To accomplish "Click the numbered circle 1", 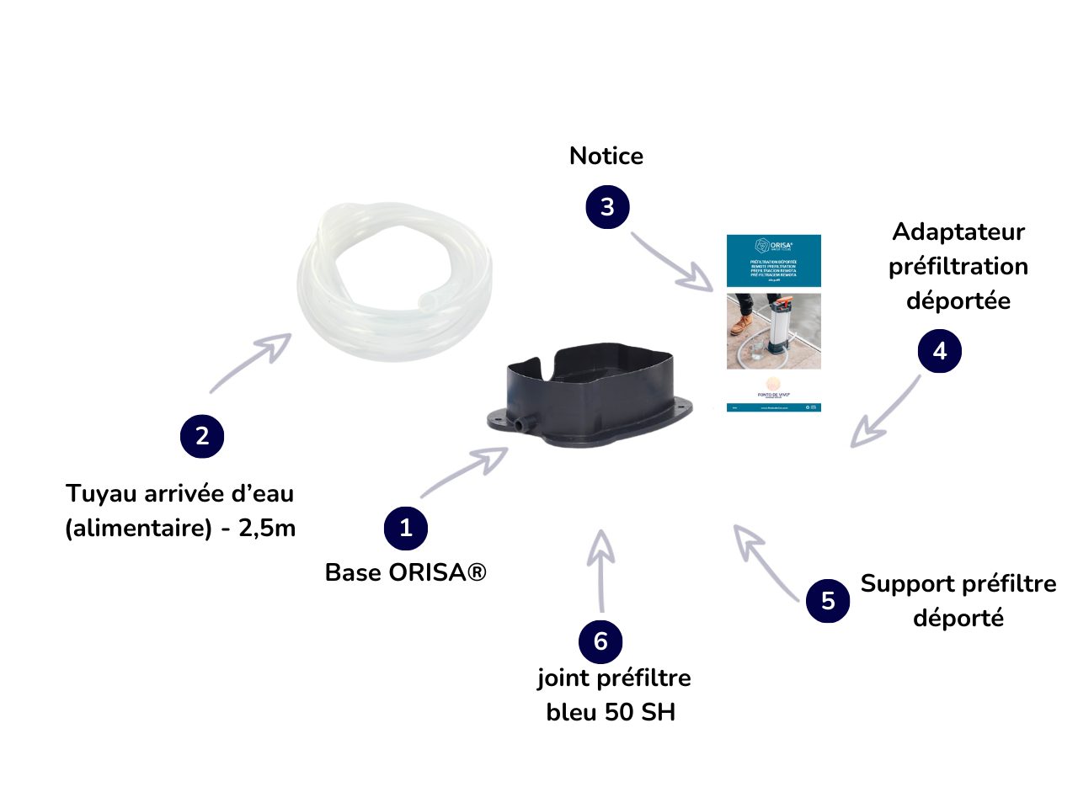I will [406, 528].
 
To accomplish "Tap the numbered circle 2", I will [202, 436].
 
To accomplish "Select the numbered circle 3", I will [607, 207].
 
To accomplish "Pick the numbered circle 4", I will [940, 351].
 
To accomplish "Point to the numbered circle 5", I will [828, 600].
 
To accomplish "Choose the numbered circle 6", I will [600, 641].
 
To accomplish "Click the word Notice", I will [606, 156].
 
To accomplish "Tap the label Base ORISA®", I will [406, 572].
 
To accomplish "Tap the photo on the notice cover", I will [773, 331].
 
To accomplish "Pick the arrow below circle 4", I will [884, 412].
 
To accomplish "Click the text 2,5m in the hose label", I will [267, 528].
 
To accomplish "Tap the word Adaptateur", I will [958, 231].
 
